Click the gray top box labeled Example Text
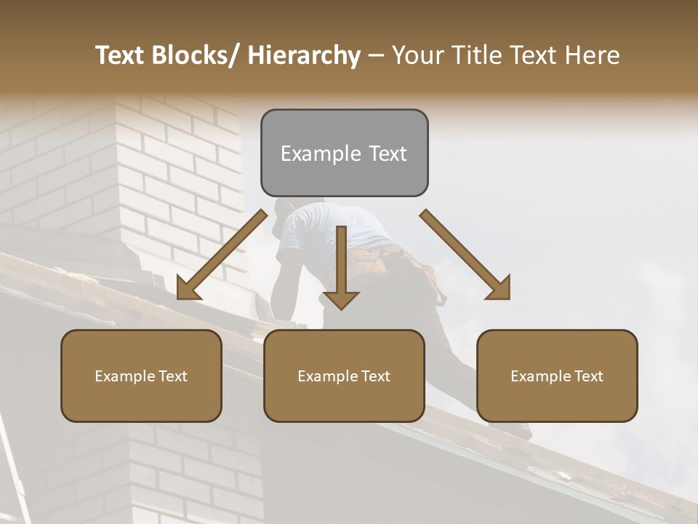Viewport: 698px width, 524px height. coord(344,153)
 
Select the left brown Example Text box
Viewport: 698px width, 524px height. coord(141,376)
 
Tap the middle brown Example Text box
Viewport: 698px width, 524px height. coord(344,376)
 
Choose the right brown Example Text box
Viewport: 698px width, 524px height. coord(557,376)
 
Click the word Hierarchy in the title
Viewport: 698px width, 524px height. coord(304,55)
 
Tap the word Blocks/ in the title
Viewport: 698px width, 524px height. coord(196,55)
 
